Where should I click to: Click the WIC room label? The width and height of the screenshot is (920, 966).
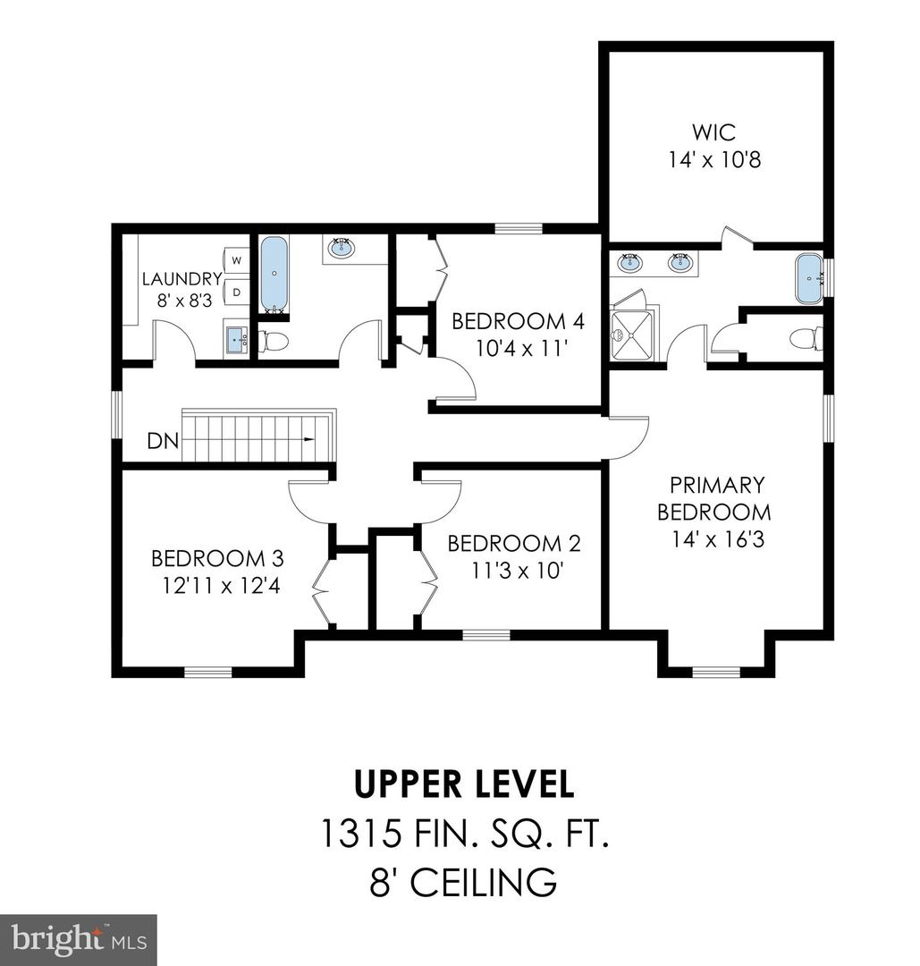point(714,133)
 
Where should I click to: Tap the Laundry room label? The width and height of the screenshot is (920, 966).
point(181,279)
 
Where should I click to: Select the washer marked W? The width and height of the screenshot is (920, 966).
point(237,260)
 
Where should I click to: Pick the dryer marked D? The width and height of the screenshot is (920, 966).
point(237,292)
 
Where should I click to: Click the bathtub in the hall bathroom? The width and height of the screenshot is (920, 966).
point(274,273)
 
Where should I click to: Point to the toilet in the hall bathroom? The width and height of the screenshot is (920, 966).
point(274,341)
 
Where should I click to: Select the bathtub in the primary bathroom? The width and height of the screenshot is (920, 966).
point(809,276)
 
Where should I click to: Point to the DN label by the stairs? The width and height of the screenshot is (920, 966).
point(162,441)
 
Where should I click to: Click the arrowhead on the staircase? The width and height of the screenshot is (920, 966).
point(309,439)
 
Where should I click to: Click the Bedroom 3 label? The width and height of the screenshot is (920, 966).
point(217,559)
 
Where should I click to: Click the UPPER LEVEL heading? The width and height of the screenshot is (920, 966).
point(464,784)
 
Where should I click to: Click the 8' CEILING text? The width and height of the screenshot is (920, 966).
point(463,883)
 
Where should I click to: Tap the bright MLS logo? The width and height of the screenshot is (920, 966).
point(78,939)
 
